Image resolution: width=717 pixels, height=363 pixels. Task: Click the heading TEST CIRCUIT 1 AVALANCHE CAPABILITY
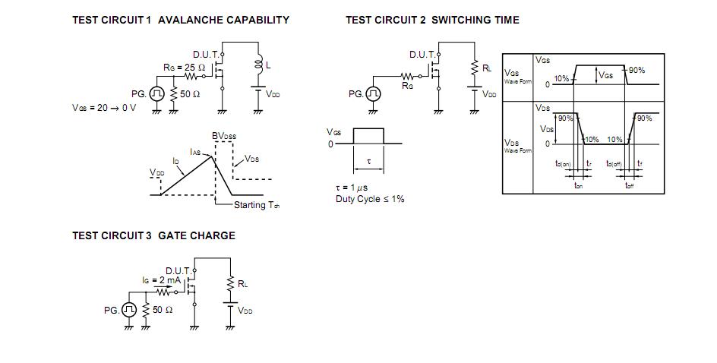[x=180, y=21]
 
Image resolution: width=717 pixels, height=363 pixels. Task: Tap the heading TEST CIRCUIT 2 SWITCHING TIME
[x=432, y=21]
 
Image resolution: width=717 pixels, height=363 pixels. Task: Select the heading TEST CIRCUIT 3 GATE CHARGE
[x=153, y=236]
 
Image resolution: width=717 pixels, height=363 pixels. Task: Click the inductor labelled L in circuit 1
[x=259, y=66]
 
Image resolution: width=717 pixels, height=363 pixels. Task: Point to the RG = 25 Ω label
[x=185, y=68]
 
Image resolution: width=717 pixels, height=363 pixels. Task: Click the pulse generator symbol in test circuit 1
[x=156, y=93]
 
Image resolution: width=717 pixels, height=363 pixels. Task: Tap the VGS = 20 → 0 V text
[x=104, y=108]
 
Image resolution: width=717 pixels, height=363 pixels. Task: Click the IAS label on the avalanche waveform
[x=195, y=152]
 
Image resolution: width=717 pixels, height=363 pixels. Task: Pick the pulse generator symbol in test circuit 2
[x=373, y=93]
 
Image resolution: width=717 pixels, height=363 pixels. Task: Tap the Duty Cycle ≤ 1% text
[x=370, y=199]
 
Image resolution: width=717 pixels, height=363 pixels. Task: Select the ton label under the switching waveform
[x=578, y=185]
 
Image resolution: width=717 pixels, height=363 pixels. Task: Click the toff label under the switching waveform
[x=629, y=185]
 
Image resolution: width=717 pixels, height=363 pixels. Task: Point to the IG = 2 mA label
[x=160, y=280]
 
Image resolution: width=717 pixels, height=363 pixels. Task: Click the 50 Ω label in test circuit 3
[x=163, y=310]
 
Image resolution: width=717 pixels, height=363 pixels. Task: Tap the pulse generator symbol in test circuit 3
[x=129, y=310]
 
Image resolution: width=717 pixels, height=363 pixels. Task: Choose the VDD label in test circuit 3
[x=245, y=310]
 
